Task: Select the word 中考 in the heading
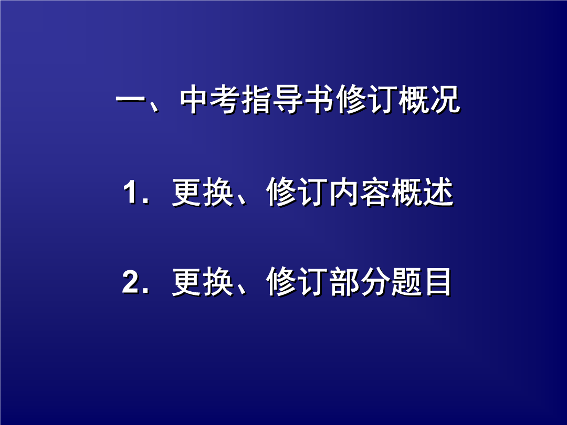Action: point(210,100)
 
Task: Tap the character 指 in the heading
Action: point(257,100)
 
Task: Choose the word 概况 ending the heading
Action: point(429,100)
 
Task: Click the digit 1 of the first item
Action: point(130,193)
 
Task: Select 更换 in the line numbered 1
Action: point(203,193)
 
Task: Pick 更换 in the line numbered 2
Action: point(203,282)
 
